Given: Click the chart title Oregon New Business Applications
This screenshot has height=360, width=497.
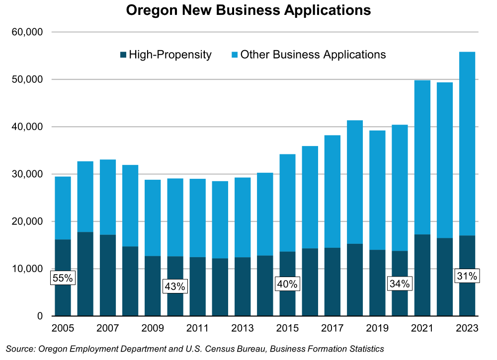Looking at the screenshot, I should pyautogui.click(x=248, y=10).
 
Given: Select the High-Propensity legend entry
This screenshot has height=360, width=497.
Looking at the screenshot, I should pyautogui.click(x=166, y=55).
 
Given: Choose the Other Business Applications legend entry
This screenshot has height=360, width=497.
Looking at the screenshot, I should pyautogui.click(x=309, y=55).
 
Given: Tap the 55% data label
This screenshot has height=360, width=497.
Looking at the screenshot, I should pyautogui.click(x=63, y=278).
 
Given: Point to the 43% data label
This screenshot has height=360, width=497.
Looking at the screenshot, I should pyautogui.click(x=175, y=286).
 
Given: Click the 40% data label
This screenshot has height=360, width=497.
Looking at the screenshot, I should pyautogui.click(x=287, y=284).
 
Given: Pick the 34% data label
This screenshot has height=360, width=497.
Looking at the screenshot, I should pyautogui.click(x=400, y=284).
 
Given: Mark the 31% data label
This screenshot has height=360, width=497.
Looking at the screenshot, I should pyautogui.click(x=467, y=276).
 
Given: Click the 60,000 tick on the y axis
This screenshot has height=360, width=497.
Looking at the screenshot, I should pyautogui.click(x=27, y=32).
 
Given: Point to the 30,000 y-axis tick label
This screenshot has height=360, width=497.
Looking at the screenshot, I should pyautogui.click(x=27, y=174).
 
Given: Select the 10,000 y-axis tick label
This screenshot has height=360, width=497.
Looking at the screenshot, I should pyautogui.click(x=27, y=269).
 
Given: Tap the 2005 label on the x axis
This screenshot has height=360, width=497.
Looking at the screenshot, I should pyautogui.click(x=63, y=329).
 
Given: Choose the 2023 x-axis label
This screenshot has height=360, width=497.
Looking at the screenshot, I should pyautogui.click(x=467, y=329).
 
